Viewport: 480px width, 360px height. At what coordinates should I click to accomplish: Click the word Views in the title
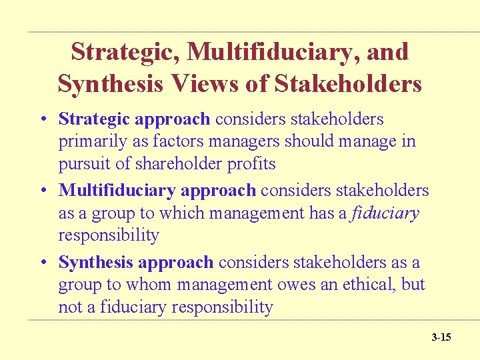tap(209, 85)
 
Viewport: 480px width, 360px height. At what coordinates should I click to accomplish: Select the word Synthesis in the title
tap(110, 85)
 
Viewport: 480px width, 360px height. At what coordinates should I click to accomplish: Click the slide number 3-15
tap(441, 337)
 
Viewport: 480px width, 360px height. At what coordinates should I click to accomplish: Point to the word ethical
tap(365, 285)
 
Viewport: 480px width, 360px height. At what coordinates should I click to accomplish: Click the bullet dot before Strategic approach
tap(43, 119)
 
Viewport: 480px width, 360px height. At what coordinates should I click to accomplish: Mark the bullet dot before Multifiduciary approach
tap(43, 191)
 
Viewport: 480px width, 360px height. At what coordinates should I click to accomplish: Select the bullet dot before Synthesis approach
tap(43, 263)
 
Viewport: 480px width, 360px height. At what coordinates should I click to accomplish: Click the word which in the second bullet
tap(180, 213)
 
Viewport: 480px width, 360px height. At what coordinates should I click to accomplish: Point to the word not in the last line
tap(69, 307)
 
